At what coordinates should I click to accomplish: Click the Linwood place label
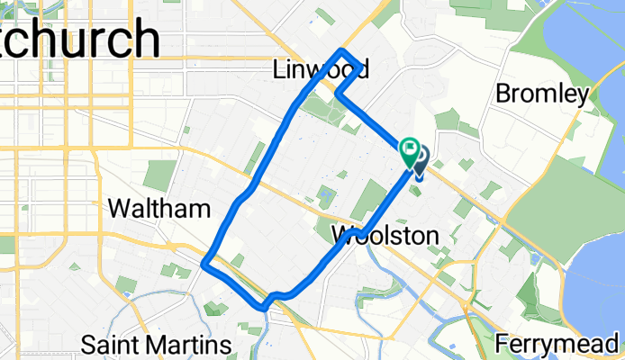point(322,70)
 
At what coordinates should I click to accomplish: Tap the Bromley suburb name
point(542,94)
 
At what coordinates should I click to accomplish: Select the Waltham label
point(159,209)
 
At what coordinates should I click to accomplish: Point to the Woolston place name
point(385,236)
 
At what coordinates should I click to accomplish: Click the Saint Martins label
point(158,345)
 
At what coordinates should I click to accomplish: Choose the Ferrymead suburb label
point(559,344)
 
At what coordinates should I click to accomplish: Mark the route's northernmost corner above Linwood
point(341,49)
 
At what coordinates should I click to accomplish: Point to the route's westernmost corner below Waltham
point(205,264)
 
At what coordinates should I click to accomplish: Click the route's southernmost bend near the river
point(265,305)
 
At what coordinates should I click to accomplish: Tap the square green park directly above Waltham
point(160,175)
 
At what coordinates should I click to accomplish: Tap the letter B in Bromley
point(503,94)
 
